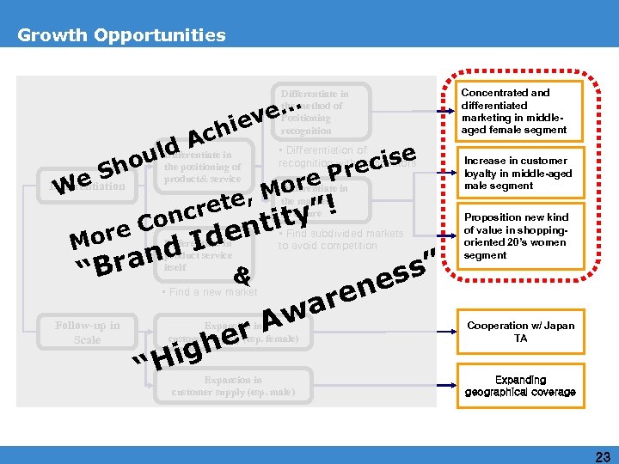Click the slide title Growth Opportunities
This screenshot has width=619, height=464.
(x=121, y=35)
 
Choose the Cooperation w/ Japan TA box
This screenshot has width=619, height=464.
(x=520, y=332)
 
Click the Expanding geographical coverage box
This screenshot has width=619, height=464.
(x=520, y=385)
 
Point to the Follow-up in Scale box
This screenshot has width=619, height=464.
(x=88, y=333)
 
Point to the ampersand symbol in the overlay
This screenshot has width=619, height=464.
(x=242, y=277)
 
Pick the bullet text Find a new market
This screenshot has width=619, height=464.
(x=210, y=292)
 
